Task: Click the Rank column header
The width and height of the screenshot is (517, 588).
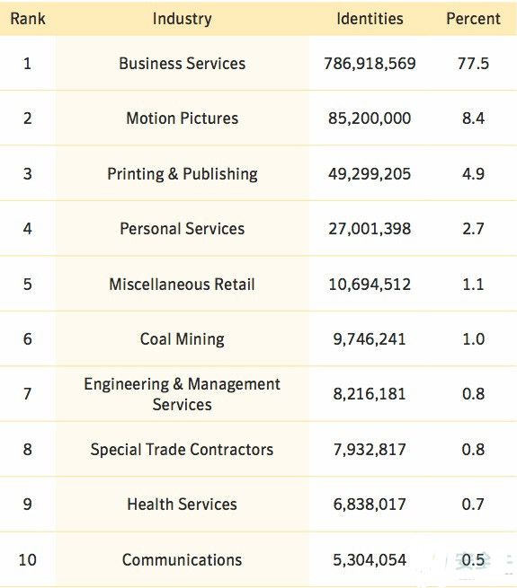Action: (28, 18)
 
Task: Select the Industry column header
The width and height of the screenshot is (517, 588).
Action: (183, 19)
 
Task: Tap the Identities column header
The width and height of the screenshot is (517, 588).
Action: (370, 18)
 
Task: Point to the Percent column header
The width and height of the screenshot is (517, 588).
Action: (473, 18)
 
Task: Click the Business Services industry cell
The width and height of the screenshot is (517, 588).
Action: (183, 63)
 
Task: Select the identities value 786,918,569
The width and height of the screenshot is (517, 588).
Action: (370, 64)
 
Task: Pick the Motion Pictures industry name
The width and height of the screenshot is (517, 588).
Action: (183, 118)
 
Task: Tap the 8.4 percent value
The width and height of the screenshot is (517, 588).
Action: (473, 118)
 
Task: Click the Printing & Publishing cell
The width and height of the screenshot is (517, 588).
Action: (183, 173)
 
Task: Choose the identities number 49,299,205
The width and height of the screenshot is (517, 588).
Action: (370, 174)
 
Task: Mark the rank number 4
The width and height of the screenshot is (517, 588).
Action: (28, 228)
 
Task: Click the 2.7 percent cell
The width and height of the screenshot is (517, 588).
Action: (473, 228)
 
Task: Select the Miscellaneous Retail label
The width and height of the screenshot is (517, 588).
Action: (183, 284)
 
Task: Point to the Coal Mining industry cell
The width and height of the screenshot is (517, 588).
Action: (183, 339)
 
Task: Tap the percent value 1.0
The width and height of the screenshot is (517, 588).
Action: (473, 339)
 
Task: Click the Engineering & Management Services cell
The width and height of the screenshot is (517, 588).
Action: (183, 394)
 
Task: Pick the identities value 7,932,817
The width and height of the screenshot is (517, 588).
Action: (370, 450)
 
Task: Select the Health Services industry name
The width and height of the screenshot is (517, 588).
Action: (183, 504)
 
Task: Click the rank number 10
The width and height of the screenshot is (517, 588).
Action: (28, 559)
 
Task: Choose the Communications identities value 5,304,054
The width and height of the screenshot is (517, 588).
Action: (370, 560)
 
